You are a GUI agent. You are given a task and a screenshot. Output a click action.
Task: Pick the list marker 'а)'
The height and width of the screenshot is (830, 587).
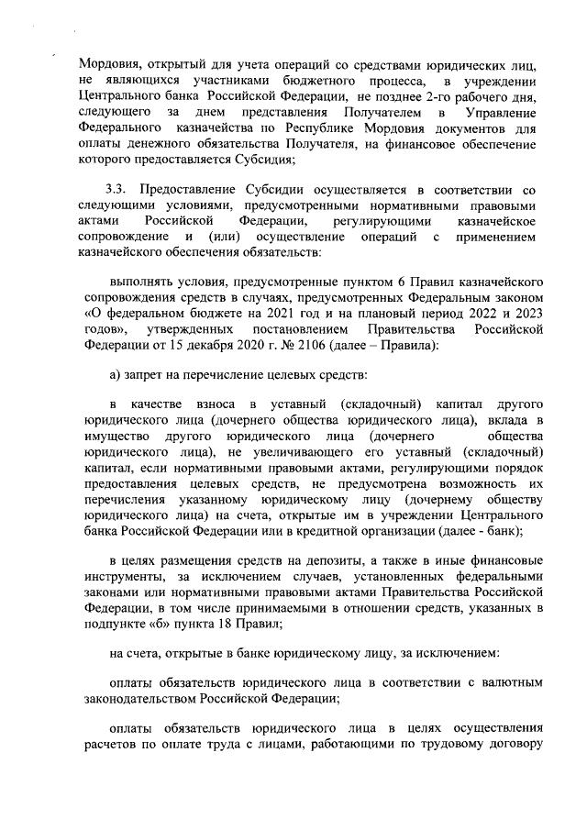116,400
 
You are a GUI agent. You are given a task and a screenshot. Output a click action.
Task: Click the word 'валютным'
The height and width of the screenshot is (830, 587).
515,683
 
